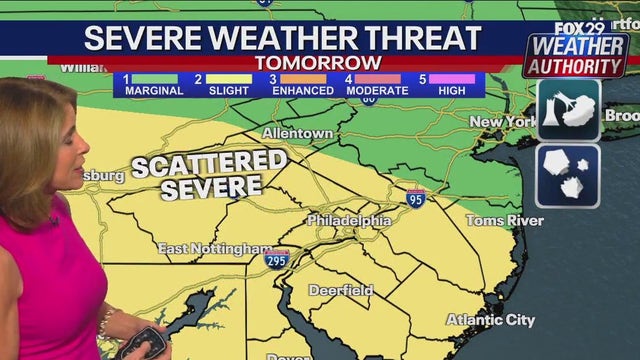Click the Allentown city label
[x=297, y=133]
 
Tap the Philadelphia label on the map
[x=348, y=220]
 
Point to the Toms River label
[x=503, y=219]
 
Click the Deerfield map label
[x=339, y=290]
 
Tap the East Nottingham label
[x=214, y=247]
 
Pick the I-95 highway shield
[x=416, y=197]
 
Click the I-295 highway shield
[x=278, y=259]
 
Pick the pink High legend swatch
[x=454, y=78]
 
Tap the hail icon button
[x=567, y=176]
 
